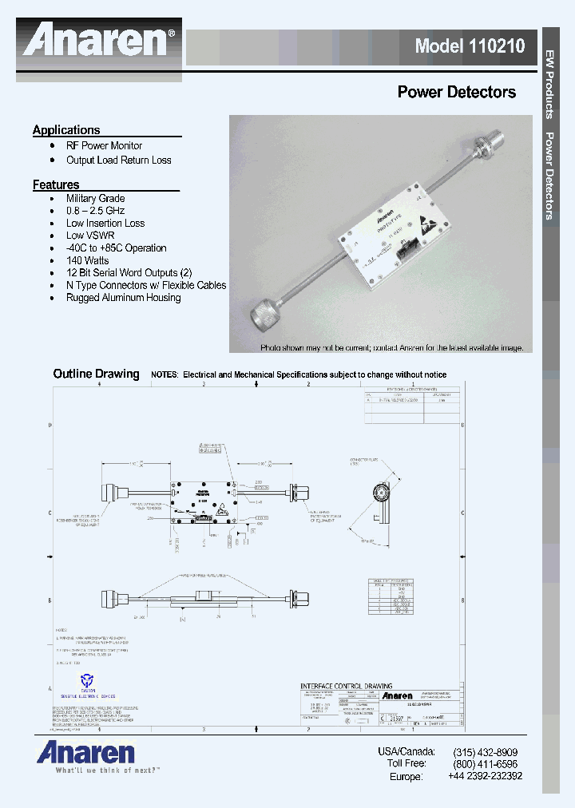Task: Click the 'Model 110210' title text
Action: pos(470,46)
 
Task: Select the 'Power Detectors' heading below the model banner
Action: pos(456,93)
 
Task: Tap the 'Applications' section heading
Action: pos(66,130)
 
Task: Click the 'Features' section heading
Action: pos(56,185)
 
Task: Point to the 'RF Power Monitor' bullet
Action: pos(104,146)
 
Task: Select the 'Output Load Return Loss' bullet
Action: pos(118,160)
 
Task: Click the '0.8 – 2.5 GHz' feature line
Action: pos(95,211)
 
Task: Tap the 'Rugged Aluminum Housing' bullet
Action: pos(123,298)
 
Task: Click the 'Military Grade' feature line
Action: pos(95,199)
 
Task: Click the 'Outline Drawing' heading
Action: pos(96,374)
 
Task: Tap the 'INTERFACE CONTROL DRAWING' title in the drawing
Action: pos(346,686)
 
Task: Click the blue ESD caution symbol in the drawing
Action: pos(86,680)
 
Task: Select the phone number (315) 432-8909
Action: pos(485,752)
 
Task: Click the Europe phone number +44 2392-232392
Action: pos(485,776)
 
